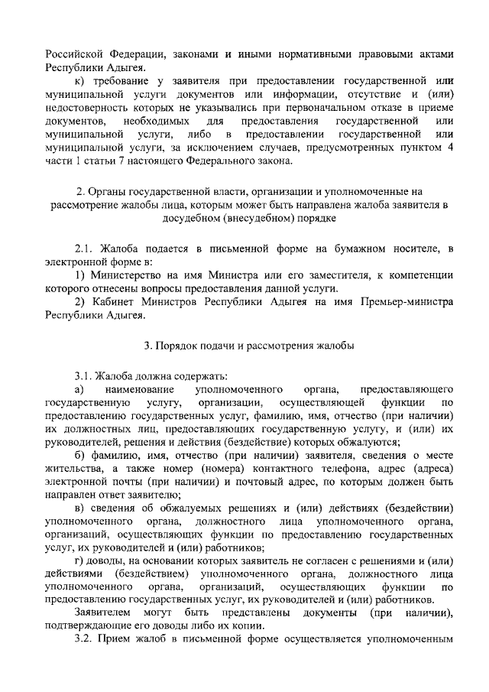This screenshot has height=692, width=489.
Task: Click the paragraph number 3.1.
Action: pyautogui.click(x=85, y=375)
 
